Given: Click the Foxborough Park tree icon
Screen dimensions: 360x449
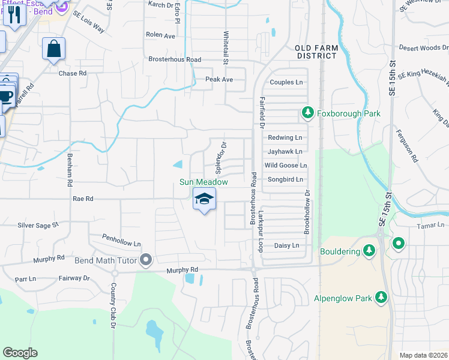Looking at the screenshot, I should click(307, 112).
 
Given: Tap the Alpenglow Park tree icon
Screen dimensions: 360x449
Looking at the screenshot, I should click(381, 297).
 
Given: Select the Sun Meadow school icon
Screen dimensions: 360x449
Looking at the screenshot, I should click(204, 199).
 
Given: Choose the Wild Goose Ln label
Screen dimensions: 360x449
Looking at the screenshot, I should click(286, 166).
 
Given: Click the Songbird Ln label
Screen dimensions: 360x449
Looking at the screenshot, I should click(285, 179).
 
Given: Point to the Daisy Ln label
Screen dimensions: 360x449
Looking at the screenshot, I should click(286, 245).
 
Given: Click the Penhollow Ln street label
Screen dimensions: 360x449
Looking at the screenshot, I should click(121, 240).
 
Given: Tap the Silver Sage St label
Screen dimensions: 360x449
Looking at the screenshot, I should click(38, 225).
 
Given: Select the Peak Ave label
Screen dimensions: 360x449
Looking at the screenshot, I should click(219, 79).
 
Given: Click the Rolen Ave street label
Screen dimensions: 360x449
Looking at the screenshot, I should click(160, 35).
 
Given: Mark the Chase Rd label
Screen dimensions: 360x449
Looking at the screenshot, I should click(73, 73).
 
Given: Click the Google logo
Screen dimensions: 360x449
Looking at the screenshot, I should click(20, 353).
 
